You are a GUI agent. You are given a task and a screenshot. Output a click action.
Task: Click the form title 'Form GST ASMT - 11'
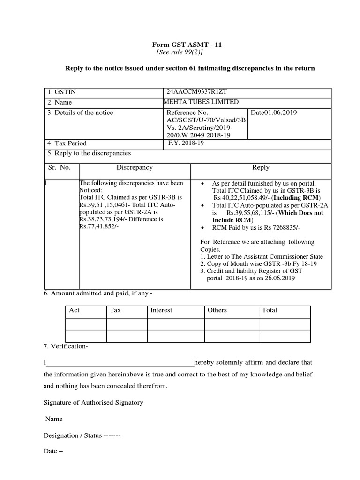[x=187, y=45]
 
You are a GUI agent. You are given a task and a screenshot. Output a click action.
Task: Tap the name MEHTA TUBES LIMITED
[x=201, y=102]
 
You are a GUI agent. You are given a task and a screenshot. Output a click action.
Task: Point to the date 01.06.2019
[x=274, y=112]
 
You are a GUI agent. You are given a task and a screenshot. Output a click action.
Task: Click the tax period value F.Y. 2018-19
[x=186, y=143]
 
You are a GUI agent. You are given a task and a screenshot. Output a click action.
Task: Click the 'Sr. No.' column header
[x=60, y=167]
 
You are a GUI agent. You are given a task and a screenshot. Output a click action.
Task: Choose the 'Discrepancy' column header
[x=135, y=167]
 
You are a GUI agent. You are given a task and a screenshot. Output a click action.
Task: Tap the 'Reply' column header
[x=261, y=167]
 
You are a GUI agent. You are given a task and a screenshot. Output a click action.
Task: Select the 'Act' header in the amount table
[x=75, y=310]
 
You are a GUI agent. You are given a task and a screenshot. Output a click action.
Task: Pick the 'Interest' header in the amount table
[x=161, y=310]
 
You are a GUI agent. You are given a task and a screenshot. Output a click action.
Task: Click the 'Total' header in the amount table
[x=270, y=310]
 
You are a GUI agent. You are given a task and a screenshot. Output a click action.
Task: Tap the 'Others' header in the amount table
[x=217, y=310]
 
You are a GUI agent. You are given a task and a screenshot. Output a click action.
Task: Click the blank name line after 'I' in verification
[x=120, y=362]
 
